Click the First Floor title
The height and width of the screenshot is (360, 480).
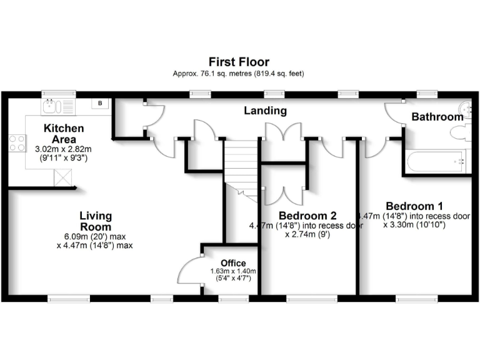239,62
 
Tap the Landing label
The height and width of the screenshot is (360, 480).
265,111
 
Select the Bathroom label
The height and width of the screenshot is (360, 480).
437,117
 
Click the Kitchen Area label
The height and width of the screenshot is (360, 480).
64,134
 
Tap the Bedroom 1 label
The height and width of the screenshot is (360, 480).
414,206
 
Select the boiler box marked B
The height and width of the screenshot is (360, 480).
100,104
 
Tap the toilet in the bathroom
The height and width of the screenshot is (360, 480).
461,132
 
